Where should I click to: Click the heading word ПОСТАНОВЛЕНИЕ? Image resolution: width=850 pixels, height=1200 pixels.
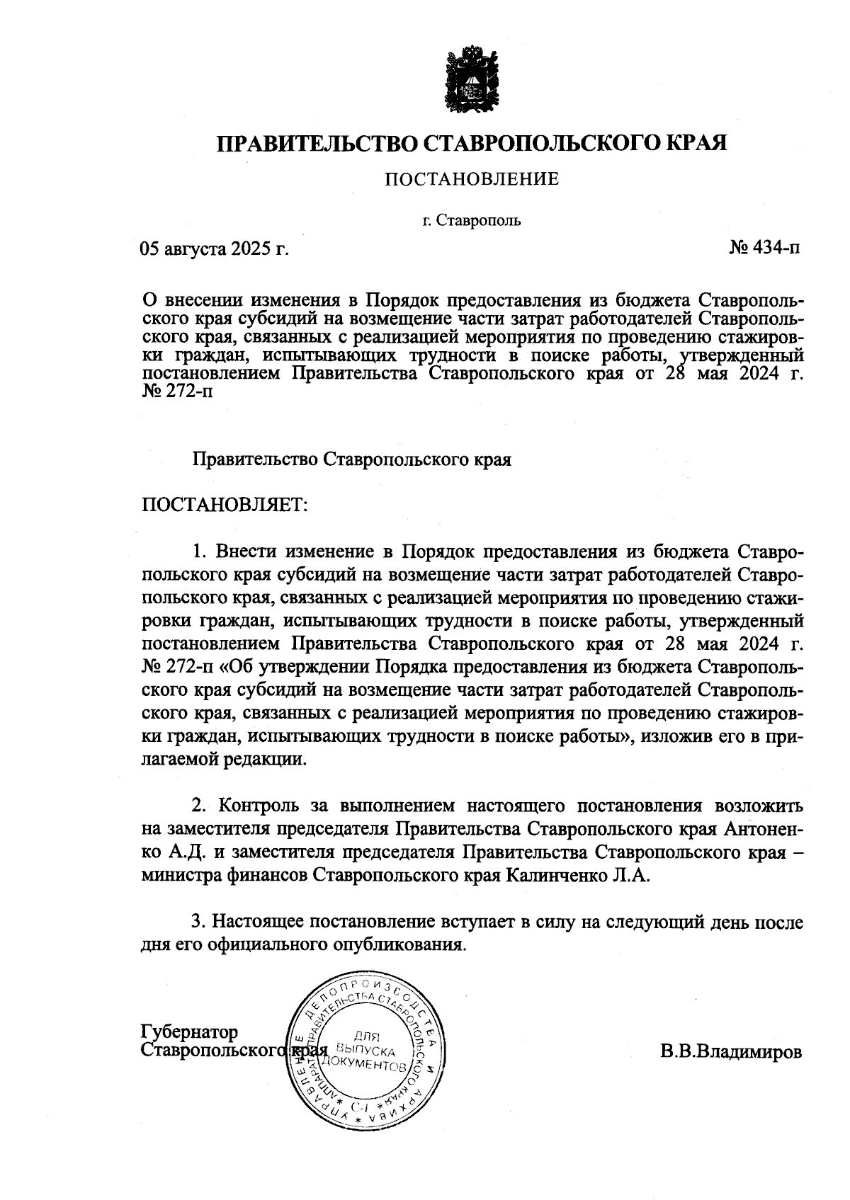click(x=472, y=179)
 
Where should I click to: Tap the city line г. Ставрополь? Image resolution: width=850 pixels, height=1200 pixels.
click(x=471, y=220)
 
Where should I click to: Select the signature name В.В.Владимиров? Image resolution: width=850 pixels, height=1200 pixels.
click(x=731, y=1051)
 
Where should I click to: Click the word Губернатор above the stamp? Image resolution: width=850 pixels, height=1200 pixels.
click(x=190, y=1032)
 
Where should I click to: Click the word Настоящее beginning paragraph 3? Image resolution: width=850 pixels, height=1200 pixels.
click(x=259, y=922)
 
